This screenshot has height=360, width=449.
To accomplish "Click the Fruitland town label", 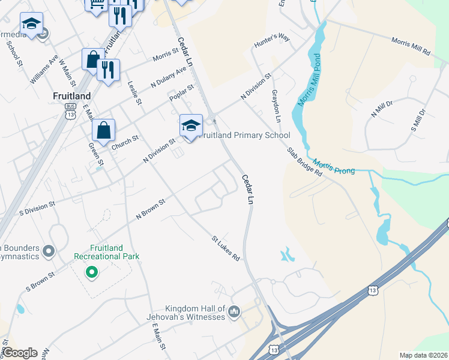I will click(71, 96).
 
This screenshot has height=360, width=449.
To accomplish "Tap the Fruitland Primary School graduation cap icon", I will click(191, 125).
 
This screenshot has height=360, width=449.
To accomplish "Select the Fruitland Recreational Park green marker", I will click(91, 273).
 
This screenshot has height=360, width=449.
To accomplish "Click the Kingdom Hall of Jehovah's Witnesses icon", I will click(234, 311).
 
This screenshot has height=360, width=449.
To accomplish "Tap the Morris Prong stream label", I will click(334, 167).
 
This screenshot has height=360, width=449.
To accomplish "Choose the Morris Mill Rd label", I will click(411, 47).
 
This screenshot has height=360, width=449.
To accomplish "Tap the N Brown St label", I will click(150, 209).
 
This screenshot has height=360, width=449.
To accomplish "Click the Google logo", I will click(20, 353).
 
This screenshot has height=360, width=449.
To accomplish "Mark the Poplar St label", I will click(181, 93).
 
